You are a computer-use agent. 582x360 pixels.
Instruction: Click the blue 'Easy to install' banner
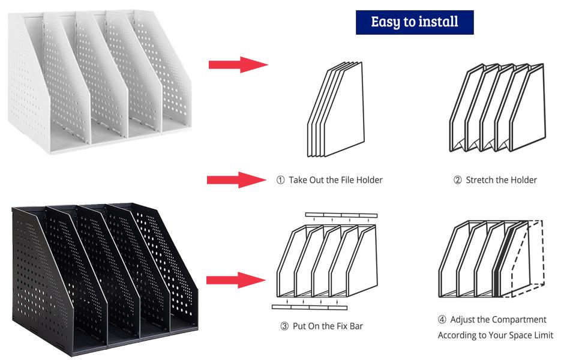(x=415, y=22)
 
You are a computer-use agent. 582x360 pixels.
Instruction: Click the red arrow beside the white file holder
(x=238, y=64)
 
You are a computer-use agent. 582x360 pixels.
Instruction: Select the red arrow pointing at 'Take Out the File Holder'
(x=236, y=179)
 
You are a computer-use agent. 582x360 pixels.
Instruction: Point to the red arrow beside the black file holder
(x=236, y=280)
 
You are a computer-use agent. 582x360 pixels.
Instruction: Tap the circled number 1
(x=280, y=180)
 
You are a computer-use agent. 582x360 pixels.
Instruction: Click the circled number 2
(x=457, y=180)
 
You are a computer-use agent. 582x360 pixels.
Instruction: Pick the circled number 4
(x=442, y=320)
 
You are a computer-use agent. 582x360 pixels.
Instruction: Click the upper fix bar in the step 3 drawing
(x=341, y=215)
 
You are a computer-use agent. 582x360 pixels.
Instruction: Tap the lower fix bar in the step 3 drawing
(x=309, y=307)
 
